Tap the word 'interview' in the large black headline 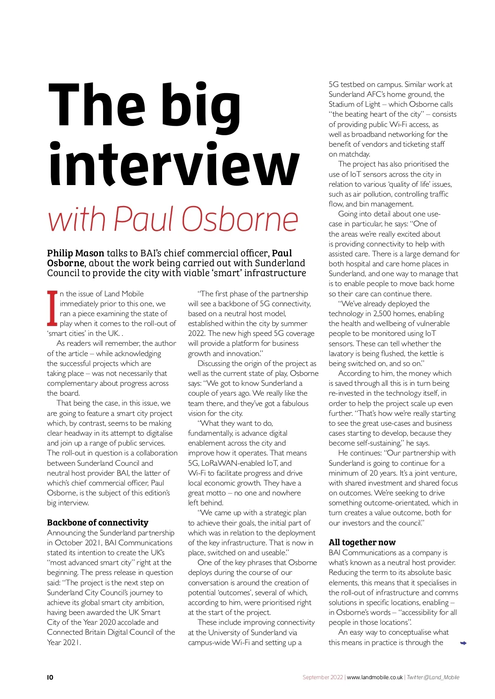174,165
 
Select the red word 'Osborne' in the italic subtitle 240,219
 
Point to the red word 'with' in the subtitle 77,219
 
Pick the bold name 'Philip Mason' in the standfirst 75,253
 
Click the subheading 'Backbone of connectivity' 97,523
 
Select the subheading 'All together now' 362,542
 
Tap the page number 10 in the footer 50,677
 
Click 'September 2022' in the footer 323,677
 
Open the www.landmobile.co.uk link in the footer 375,677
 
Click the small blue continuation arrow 463,643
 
